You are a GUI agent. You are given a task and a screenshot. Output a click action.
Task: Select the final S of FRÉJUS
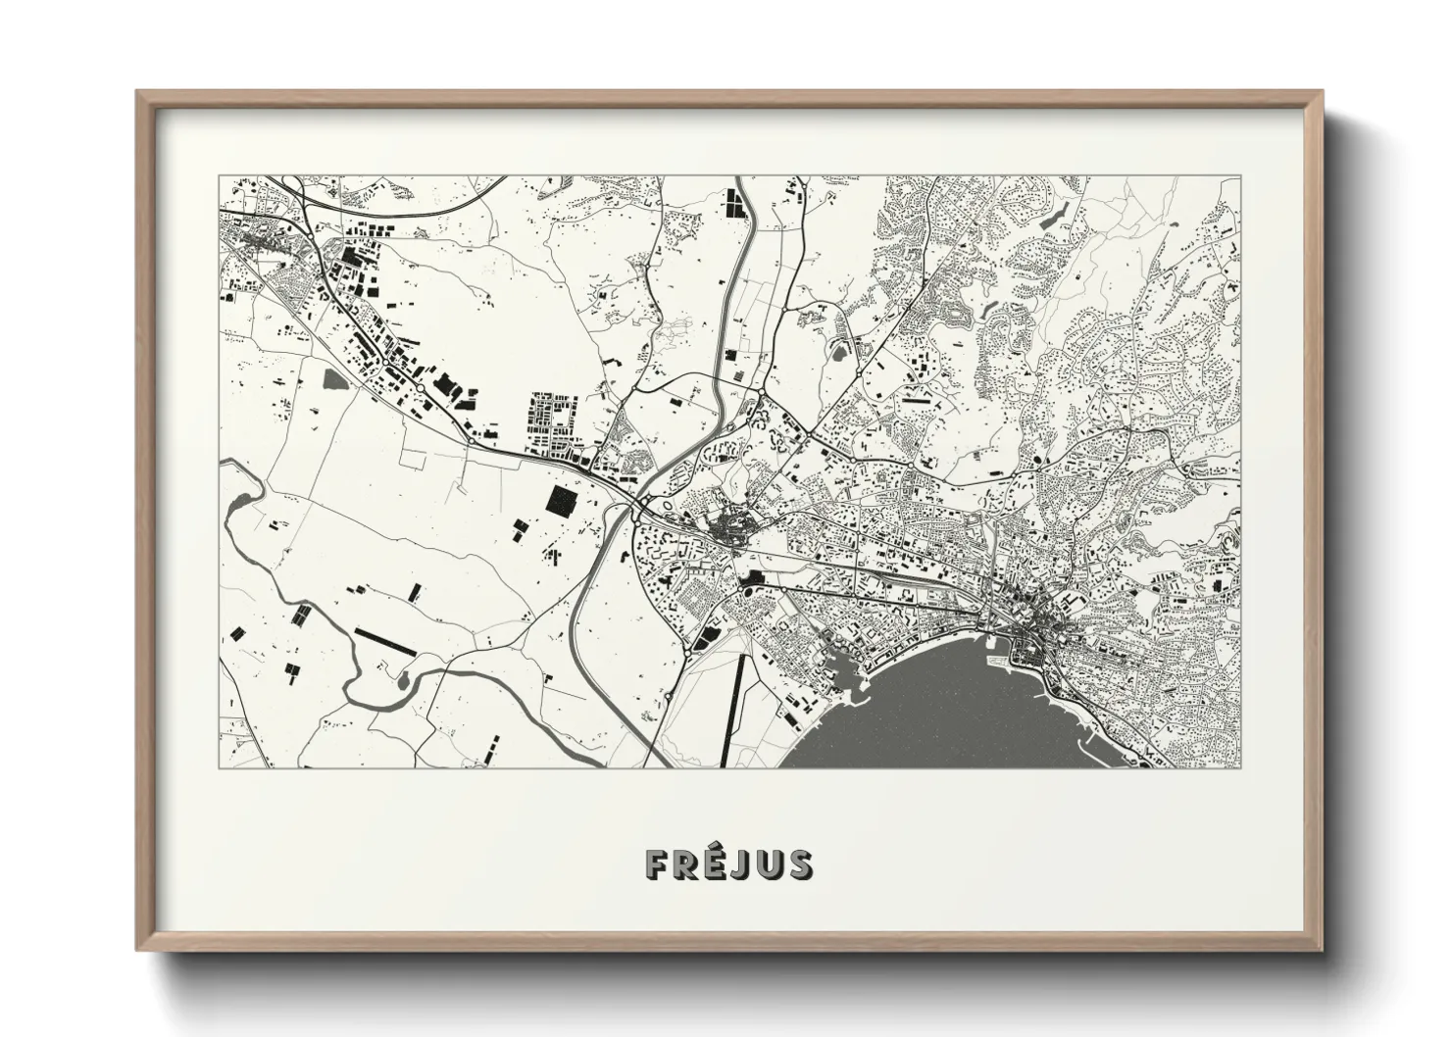point(799,864)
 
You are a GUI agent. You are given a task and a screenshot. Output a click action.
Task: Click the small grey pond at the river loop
point(400,675)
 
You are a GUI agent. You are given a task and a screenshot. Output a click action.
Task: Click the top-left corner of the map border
point(219,176)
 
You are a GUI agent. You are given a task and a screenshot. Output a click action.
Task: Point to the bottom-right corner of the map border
point(1240,768)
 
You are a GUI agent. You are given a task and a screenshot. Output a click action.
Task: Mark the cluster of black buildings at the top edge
point(732,203)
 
